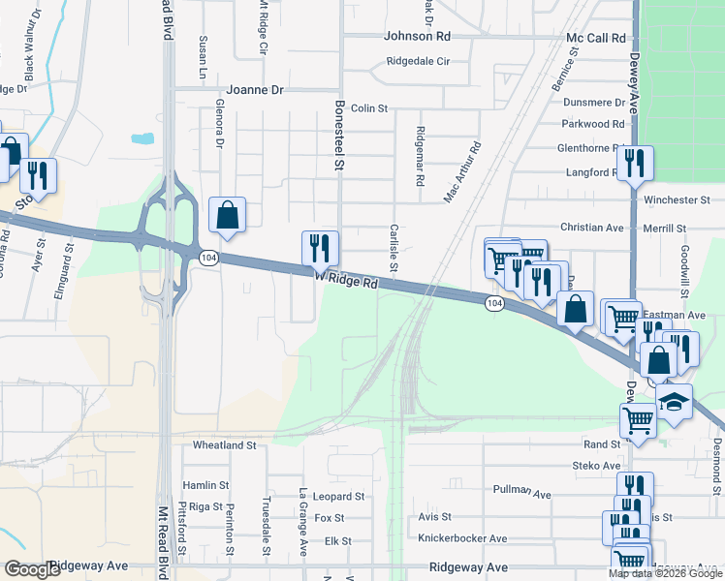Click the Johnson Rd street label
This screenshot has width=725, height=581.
(418, 36)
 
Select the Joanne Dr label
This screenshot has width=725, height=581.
(256, 89)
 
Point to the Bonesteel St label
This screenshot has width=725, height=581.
(339, 135)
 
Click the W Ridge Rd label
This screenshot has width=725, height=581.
(346, 280)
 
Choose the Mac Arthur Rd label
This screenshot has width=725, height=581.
(462, 173)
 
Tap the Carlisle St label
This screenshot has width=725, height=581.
(394, 248)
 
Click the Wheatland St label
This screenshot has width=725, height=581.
(224, 445)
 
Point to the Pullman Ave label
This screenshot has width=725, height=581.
(521, 492)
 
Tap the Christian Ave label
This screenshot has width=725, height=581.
(591, 227)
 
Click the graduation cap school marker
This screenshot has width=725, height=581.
(673, 402)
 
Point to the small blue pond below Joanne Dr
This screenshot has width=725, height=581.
(142, 138)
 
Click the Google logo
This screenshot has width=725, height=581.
(32, 569)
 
